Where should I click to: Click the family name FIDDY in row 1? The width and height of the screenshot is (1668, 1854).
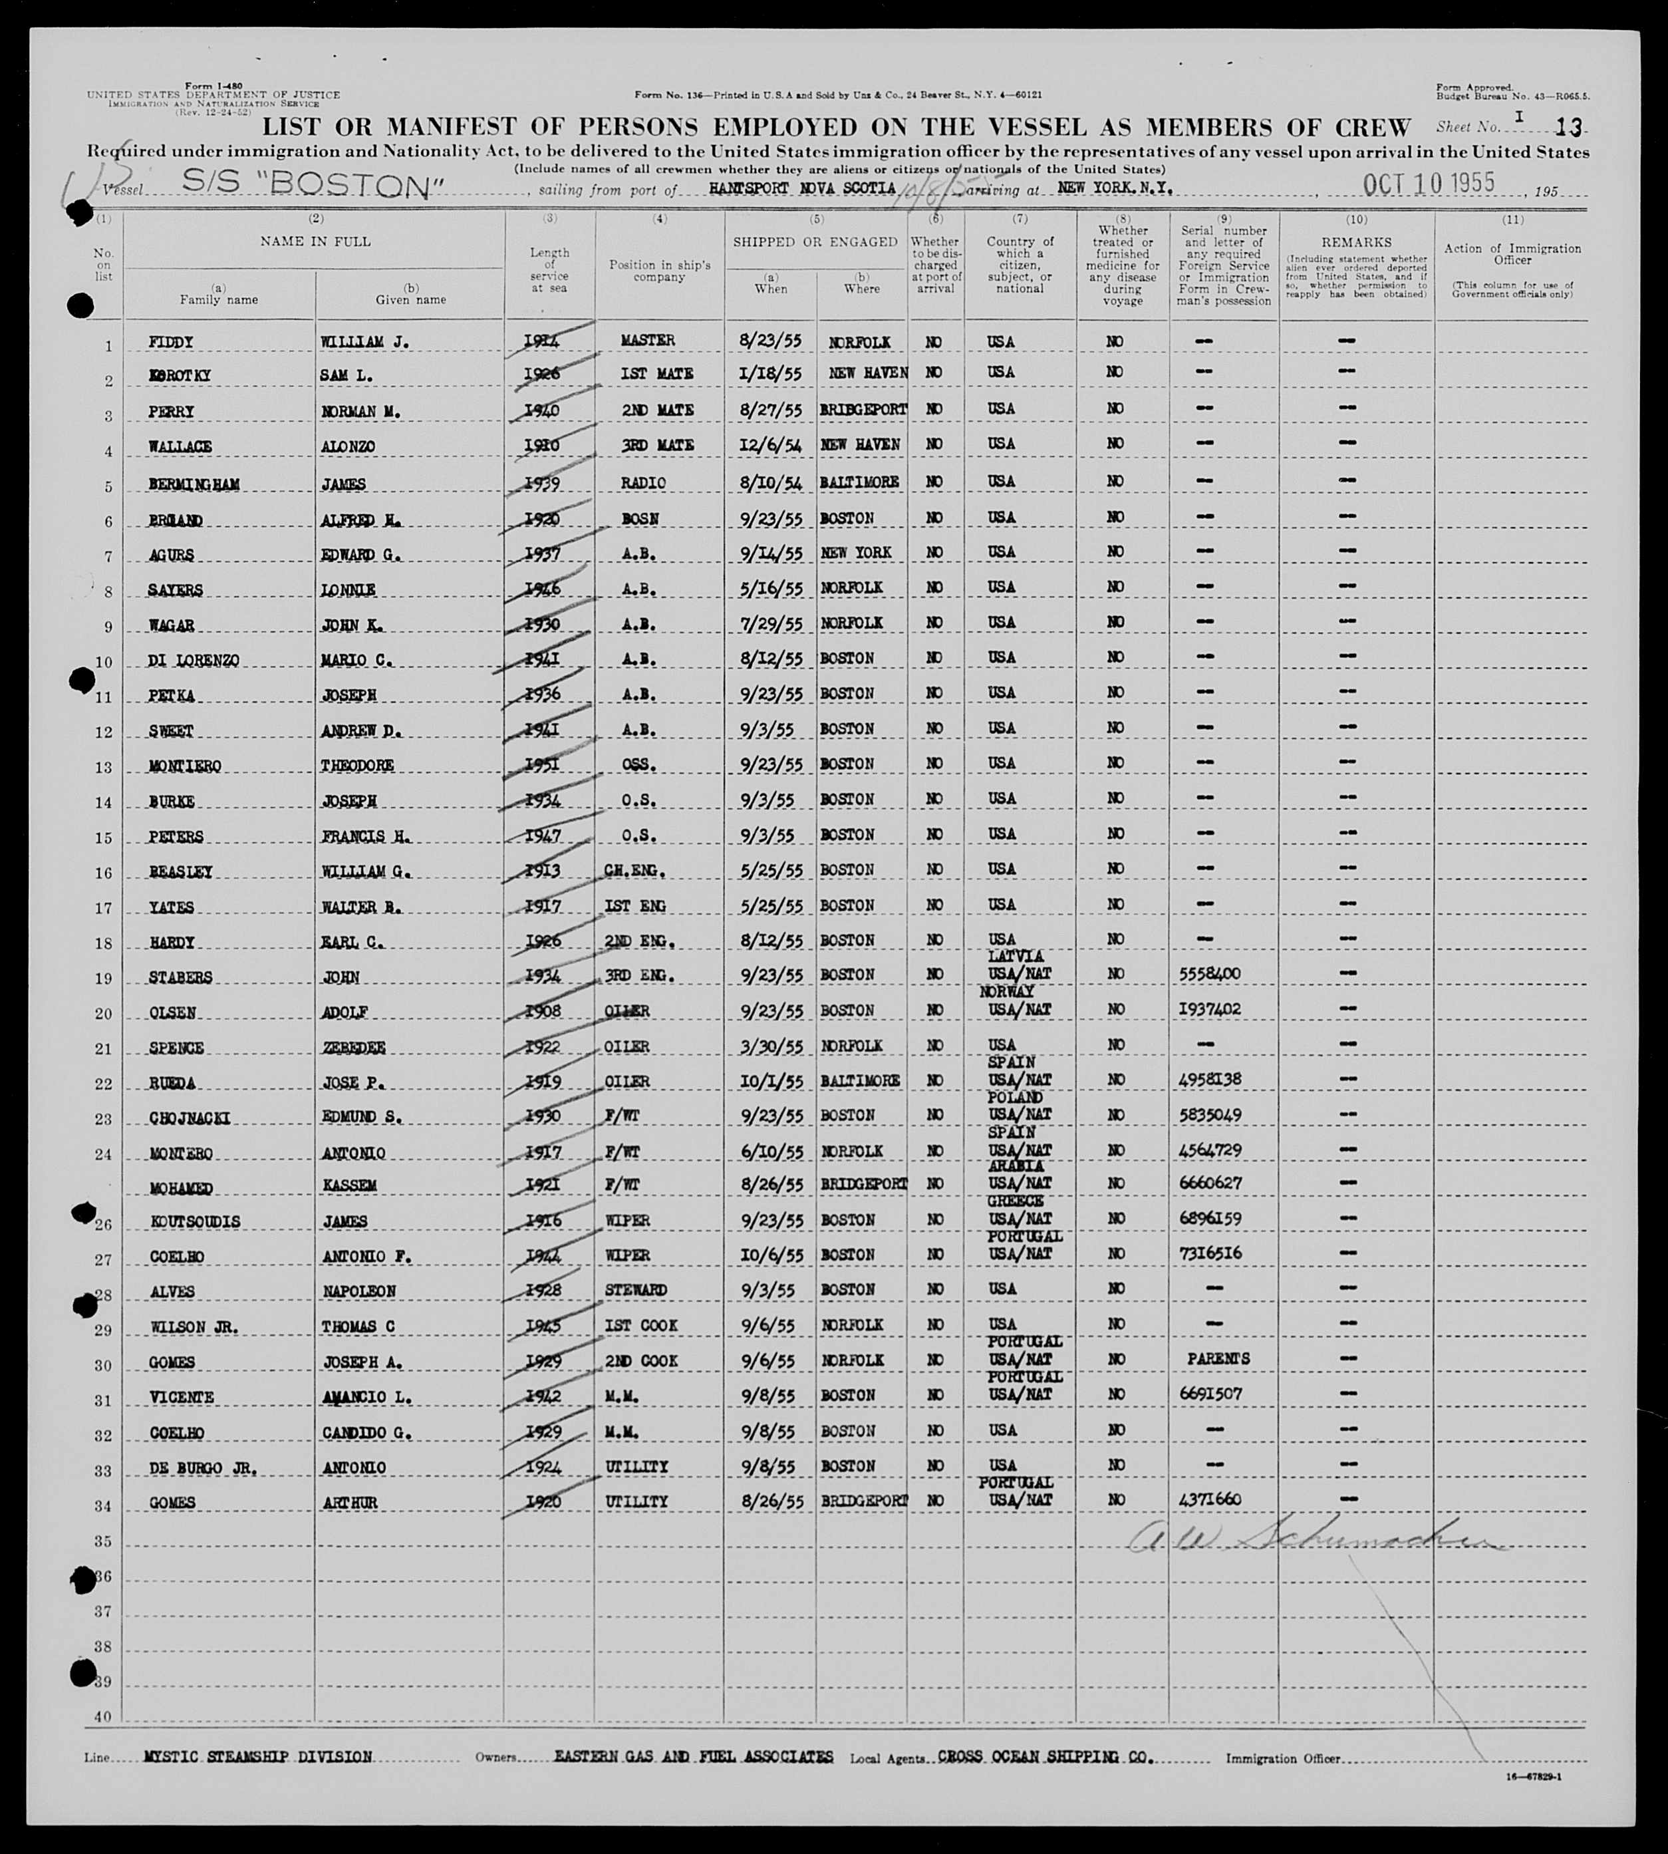[x=172, y=342]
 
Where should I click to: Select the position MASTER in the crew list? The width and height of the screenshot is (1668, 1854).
[x=647, y=340]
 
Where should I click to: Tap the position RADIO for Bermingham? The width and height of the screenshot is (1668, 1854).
[x=642, y=483]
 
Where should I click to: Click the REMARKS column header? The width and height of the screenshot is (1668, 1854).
[x=1355, y=242]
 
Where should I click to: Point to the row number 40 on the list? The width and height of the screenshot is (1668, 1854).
[x=102, y=1716]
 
